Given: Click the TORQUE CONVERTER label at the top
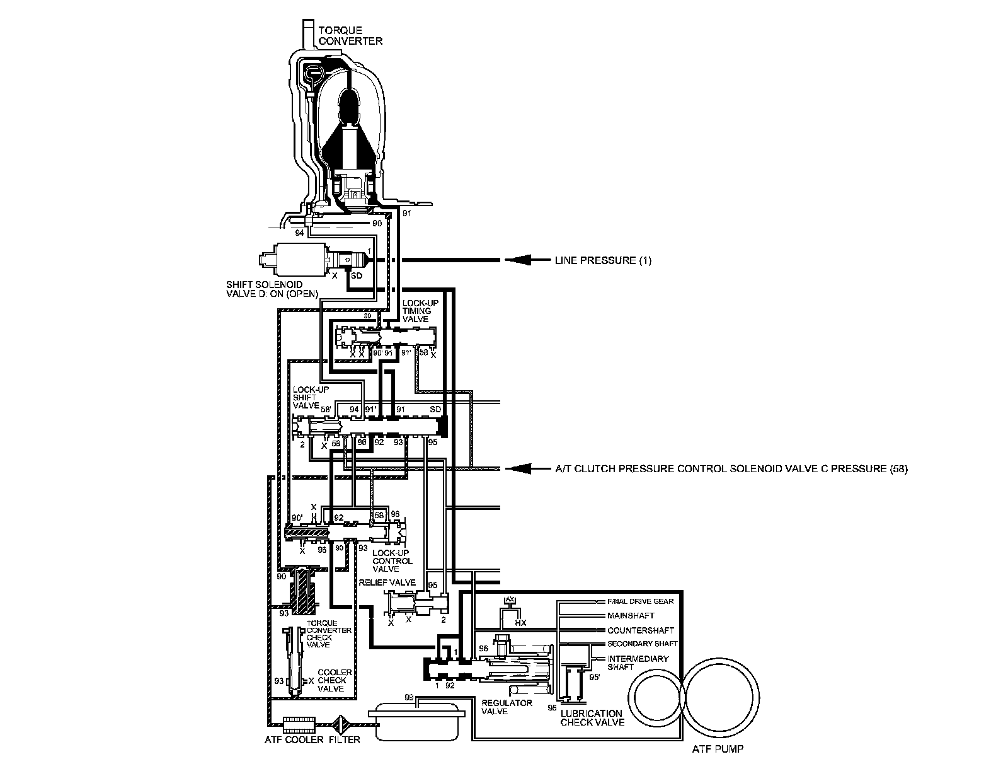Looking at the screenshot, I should click(350, 35).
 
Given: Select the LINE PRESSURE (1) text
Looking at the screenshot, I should click(603, 260).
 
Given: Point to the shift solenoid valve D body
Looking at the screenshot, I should click(294, 258).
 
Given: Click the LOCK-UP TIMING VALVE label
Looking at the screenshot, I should click(417, 311).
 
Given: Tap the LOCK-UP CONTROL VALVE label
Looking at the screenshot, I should click(392, 560).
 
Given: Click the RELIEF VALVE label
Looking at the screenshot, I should click(387, 582).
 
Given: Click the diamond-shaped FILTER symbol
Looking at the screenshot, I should click(343, 722).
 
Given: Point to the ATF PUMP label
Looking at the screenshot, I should click(714, 750).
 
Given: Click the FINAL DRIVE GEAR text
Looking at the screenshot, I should click(640, 601).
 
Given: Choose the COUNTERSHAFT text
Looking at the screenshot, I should click(640, 630).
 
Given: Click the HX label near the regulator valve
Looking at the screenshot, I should click(520, 622).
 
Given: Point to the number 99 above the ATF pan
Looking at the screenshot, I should click(409, 697).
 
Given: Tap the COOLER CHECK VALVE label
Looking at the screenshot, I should click(331, 681).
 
